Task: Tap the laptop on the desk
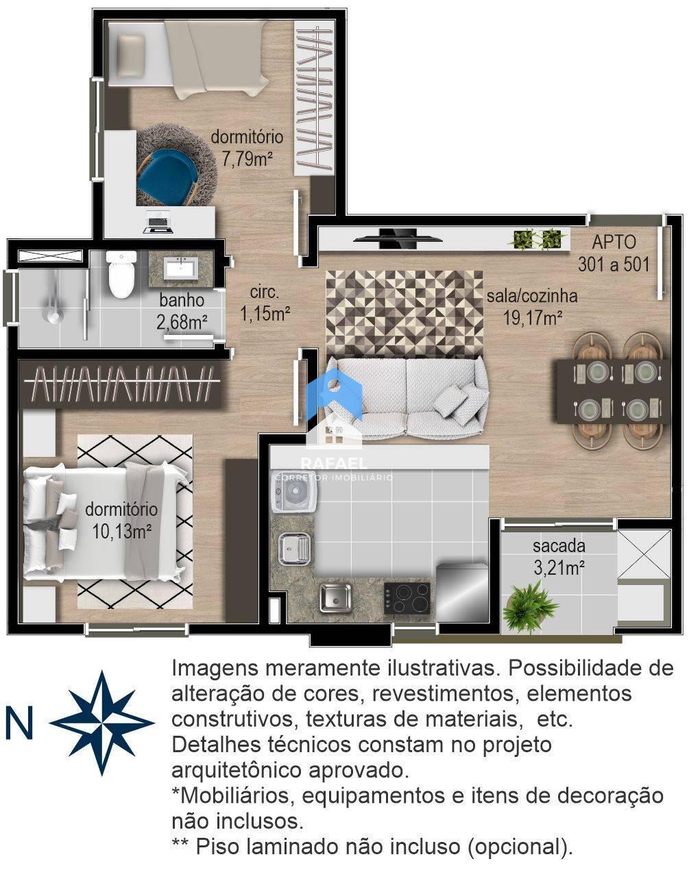(x=158, y=225)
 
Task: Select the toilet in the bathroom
(x=121, y=275)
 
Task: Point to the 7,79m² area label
(x=246, y=158)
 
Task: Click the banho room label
(x=182, y=300)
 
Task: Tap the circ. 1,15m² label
(x=265, y=303)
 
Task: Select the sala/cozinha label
(x=532, y=296)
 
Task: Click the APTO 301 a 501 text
(x=614, y=253)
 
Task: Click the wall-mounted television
(x=396, y=238)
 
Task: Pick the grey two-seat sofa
(x=406, y=397)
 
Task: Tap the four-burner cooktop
(x=407, y=598)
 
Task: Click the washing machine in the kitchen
(x=293, y=492)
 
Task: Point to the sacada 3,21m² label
(x=559, y=557)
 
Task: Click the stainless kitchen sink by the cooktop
(x=335, y=597)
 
